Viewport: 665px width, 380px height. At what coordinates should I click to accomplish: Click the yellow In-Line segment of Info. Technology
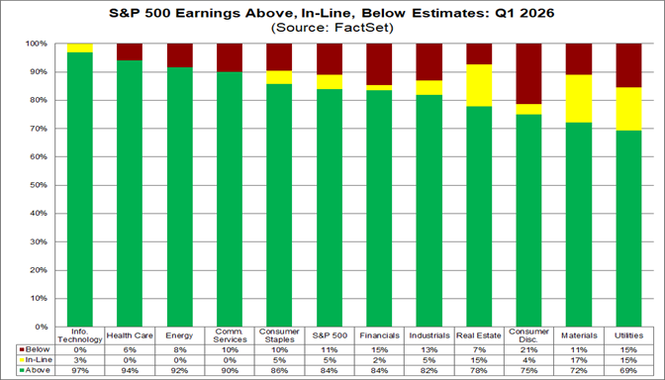80,47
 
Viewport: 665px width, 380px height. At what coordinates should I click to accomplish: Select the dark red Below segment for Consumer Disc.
528,74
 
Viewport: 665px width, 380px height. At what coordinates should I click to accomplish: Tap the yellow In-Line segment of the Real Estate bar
479,85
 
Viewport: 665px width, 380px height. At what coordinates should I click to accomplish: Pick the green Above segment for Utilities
629,229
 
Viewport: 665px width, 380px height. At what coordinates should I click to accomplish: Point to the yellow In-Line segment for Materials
579,99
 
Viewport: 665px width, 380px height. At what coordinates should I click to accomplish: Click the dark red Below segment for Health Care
130,52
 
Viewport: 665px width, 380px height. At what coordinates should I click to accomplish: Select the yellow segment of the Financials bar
380,88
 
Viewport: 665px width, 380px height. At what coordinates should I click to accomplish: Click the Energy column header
180,335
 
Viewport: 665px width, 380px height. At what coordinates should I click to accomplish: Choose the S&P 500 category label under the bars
330,335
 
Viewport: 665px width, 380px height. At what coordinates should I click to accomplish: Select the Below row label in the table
38,350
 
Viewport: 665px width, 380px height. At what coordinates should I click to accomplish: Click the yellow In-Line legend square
21,360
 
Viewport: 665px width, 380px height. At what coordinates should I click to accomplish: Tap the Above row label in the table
38,370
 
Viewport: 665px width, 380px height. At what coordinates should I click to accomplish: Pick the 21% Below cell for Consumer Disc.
529,350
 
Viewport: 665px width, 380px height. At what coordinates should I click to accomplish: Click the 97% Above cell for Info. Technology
80,370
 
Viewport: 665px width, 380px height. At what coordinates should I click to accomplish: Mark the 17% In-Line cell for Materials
579,360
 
